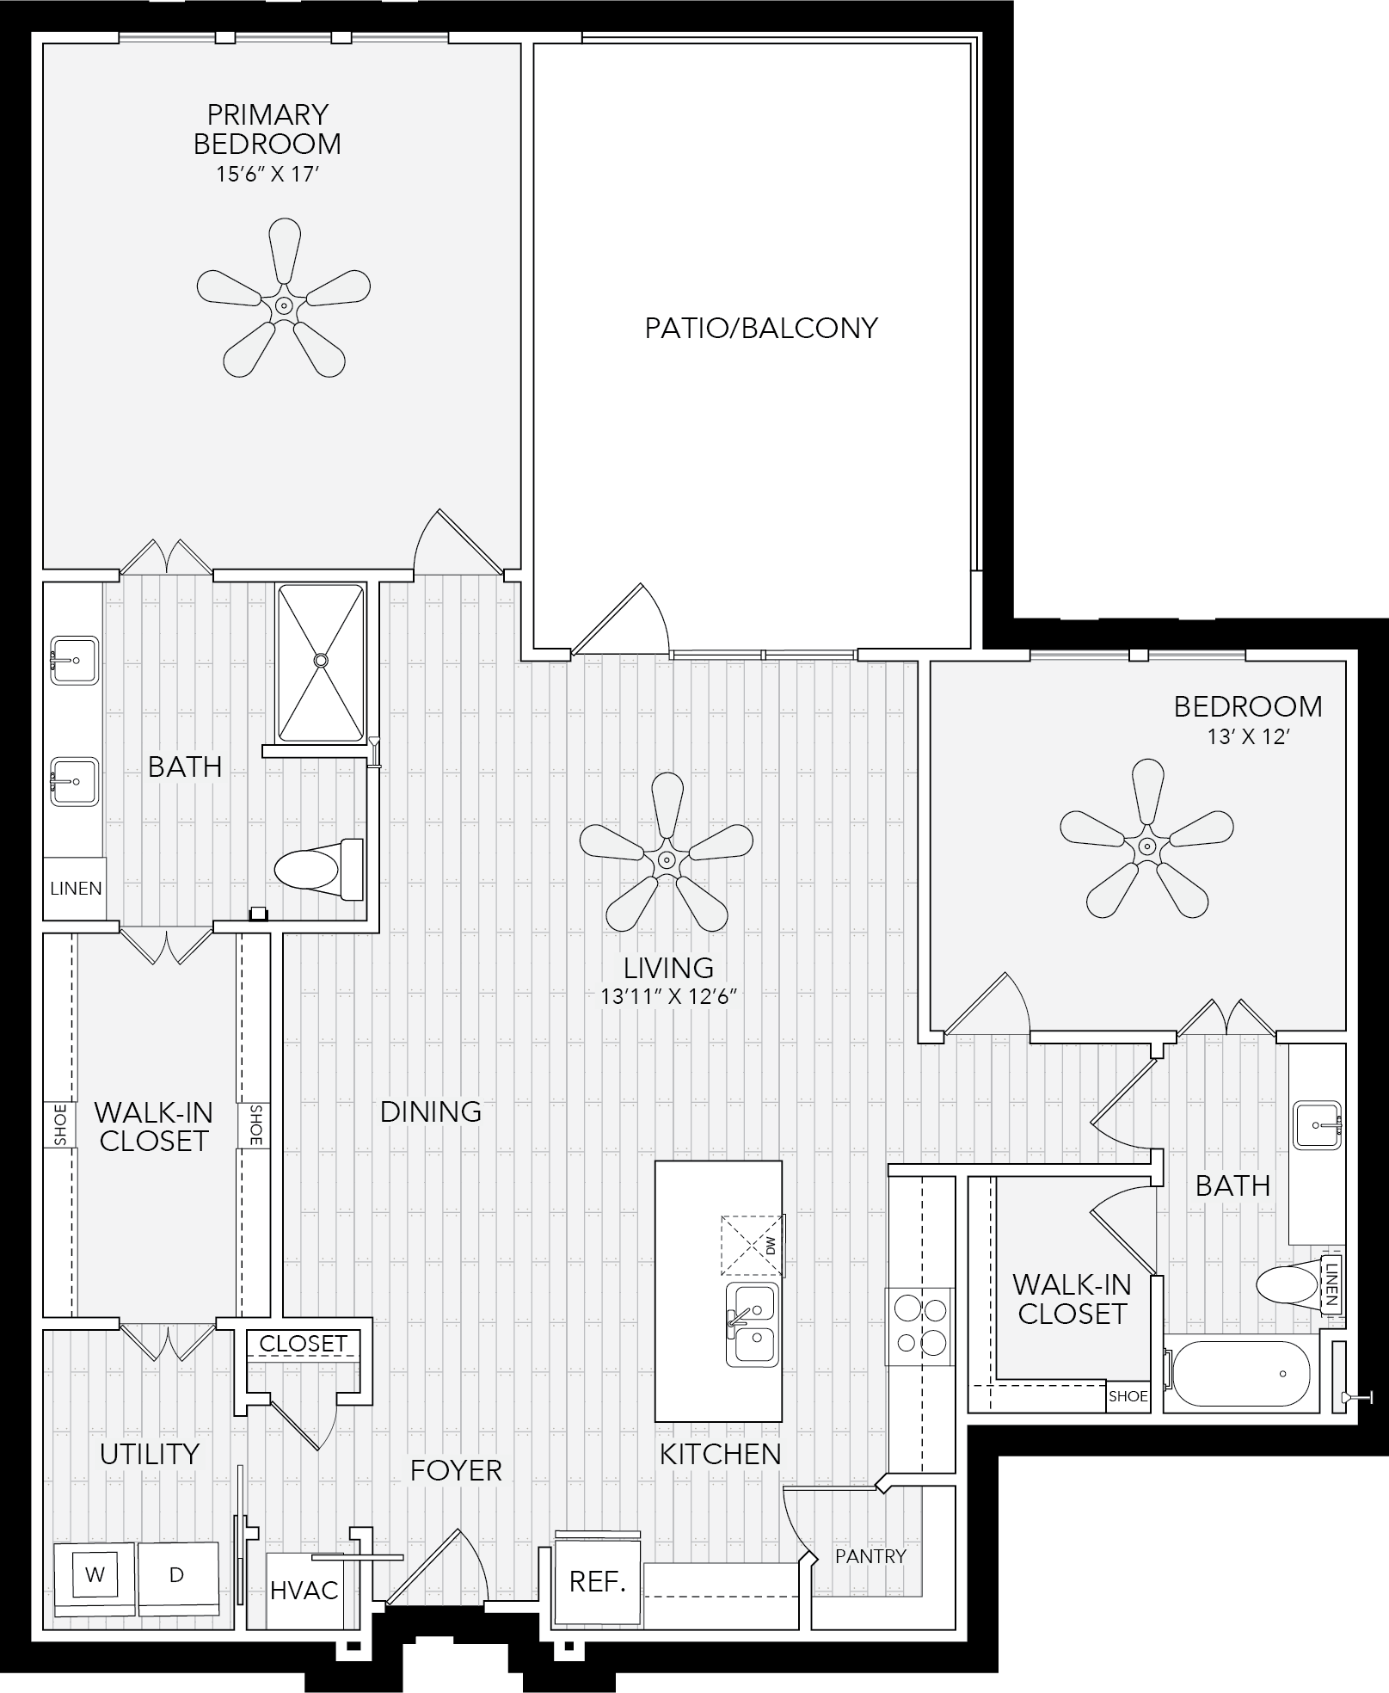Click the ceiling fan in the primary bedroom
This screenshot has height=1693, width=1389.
point(283,305)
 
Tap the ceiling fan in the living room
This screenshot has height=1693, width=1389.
point(666,859)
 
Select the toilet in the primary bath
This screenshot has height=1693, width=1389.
point(318,869)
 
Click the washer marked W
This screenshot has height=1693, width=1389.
point(95,1574)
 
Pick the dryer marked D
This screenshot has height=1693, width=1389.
point(176,1574)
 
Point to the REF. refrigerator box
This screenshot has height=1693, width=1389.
point(598,1581)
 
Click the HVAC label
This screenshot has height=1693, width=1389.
point(304,1590)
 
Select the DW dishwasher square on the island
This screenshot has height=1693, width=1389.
point(753,1245)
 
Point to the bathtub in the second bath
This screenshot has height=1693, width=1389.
point(1240,1376)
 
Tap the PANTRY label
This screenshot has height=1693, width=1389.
point(870,1555)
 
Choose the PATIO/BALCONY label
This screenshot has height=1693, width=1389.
point(761,328)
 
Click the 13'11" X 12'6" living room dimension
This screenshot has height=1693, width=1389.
point(670,997)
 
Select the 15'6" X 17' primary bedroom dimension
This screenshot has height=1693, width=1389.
point(267,175)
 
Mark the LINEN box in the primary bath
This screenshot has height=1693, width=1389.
point(76,889)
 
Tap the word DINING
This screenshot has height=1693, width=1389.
point(431,1111)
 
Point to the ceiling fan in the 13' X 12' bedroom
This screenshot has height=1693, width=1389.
point(1146,846)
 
